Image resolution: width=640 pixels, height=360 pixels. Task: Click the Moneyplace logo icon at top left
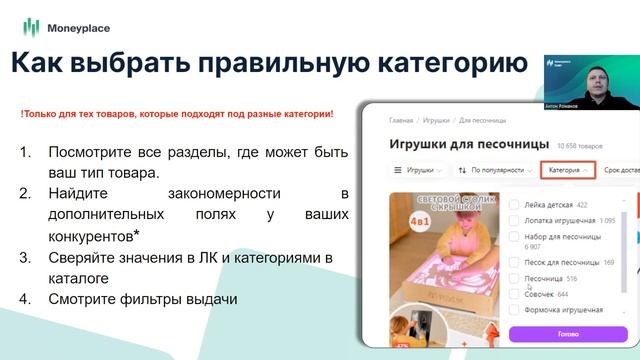coord(31,26)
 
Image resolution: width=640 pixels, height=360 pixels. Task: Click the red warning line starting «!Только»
coord(177,114)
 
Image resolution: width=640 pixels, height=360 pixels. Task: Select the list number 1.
coord(25,152)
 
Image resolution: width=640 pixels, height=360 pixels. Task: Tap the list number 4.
coord(25,298)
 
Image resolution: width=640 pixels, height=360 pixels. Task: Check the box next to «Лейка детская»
coord(514,205)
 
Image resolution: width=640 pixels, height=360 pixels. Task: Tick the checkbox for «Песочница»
coord(514,278)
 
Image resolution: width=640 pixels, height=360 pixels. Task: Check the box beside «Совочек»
coord(514,294)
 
